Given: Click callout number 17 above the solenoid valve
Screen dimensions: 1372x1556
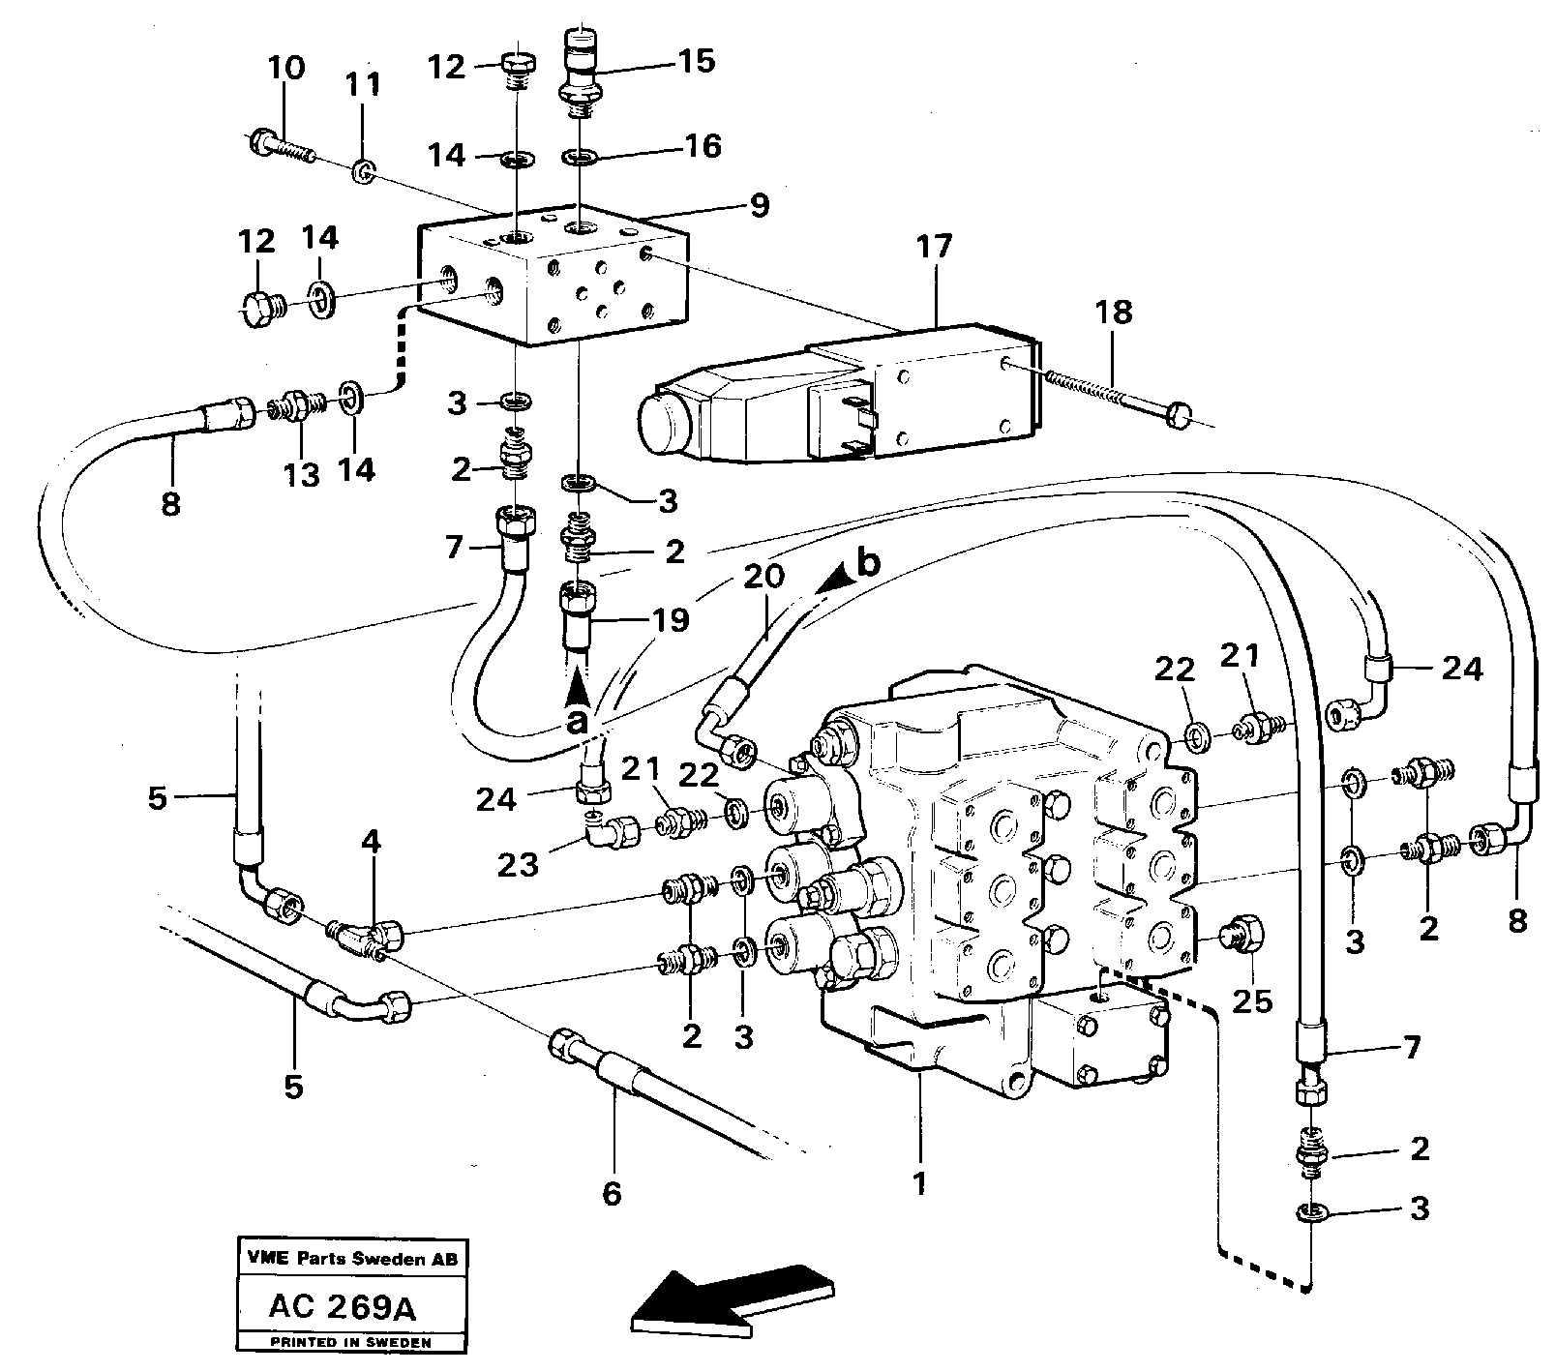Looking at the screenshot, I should [935, 247].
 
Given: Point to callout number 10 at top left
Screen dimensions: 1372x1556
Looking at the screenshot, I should [285, 69].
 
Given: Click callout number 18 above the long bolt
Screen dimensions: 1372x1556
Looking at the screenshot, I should [1113, 313].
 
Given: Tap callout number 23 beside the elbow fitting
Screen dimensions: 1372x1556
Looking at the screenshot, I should [518, 864].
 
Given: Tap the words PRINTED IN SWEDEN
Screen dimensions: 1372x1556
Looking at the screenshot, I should [351, 1344].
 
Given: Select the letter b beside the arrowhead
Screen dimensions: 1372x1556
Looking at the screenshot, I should [868, 564].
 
